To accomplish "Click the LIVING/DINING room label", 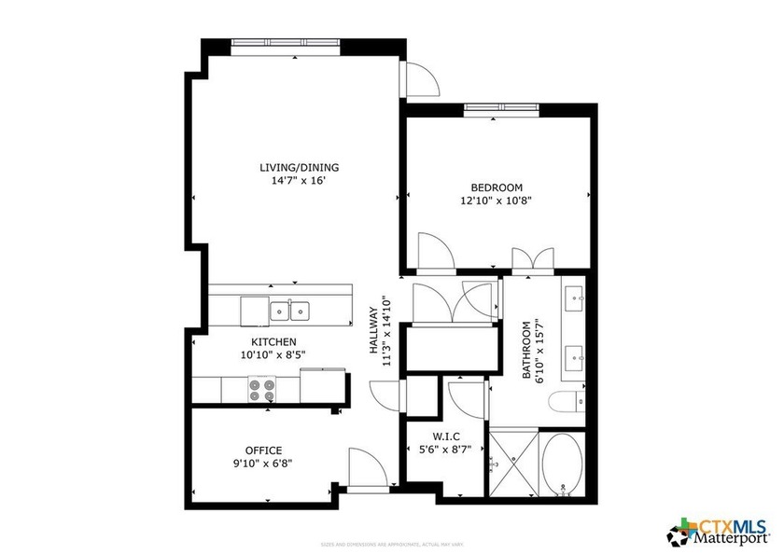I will click(x=299, y=168).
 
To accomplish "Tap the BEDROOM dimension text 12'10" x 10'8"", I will click(x=496, y=200).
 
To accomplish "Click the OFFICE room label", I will click(x=263, y=450).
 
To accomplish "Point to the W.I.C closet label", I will click(x=444, y=436).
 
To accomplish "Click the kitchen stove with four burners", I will click(x=262, y=389).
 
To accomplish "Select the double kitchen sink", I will click(x=290, y=309).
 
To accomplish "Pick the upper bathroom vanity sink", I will click(x=574, y=301).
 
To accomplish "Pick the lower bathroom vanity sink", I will click(x=574, y=354).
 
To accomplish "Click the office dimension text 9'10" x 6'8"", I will click(x=263, y=464).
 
